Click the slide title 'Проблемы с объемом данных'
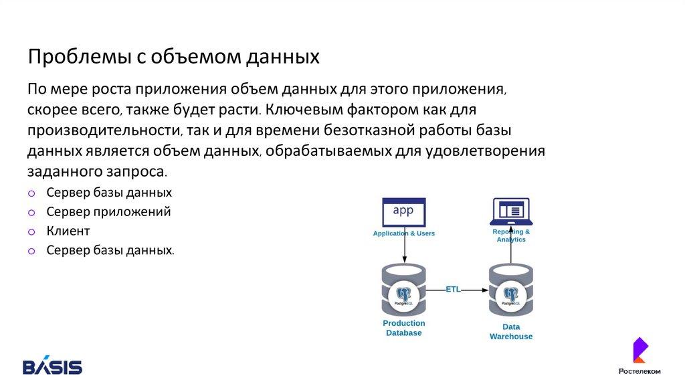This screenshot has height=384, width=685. point(174,56)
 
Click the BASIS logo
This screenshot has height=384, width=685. point(53,367)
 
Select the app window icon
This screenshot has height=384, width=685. point(403,212)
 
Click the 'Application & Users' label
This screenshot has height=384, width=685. point(403,233)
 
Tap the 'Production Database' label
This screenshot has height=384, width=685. point(403,328)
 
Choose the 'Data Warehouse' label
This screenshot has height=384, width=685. point(511,332)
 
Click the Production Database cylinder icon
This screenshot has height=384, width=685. point(403,290)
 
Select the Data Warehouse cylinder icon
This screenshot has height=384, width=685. point(511,292)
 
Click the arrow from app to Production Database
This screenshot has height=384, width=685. point(404,250)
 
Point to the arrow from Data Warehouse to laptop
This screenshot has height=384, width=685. point(511,254)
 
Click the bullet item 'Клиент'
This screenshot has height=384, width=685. point(68,231)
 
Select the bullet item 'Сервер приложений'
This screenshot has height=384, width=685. point(108,212)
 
